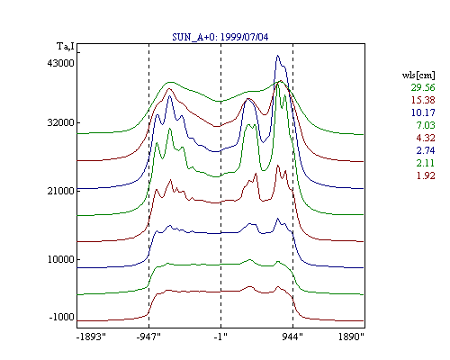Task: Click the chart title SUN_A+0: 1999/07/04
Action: point(220,37)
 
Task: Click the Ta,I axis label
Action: point(66,46)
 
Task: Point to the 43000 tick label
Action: point(60,63)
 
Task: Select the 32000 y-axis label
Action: point(60,122)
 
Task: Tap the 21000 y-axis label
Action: point(60,191)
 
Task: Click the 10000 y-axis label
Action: point(60,259)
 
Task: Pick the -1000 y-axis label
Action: point(61,317)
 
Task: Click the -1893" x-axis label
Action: point(91,337)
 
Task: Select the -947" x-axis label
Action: point(148,337)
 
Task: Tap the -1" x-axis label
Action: point(220,337)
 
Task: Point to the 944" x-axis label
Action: point(292,337)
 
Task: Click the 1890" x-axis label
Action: point(351,337)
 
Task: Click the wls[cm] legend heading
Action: point(418,75)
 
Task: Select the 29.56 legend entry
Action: point(423,87)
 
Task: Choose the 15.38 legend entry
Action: point(423,100)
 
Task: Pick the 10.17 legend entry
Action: point(423,112)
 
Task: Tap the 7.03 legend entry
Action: point(426,125)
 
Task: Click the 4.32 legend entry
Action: point(426,138)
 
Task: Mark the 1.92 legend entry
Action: point(426,175)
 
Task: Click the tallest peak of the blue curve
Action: point(278,56)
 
